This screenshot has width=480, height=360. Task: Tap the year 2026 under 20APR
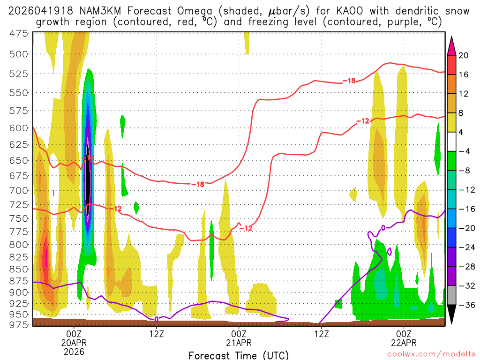point(74,351)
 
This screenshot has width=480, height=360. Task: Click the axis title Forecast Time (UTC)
point(239,355)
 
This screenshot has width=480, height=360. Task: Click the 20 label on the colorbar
point(463,55)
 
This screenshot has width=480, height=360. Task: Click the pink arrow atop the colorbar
point(452,44)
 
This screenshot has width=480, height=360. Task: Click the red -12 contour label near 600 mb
point(363,121)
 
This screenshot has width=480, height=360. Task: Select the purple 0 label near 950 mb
point(156,319)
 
